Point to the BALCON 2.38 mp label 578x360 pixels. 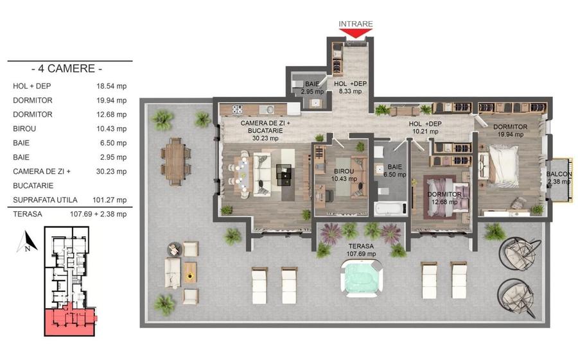coord(559,178)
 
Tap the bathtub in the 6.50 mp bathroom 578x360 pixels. coord(391,208)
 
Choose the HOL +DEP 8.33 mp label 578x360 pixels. coord(350,87)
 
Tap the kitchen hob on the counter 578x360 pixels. coord(237,108)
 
